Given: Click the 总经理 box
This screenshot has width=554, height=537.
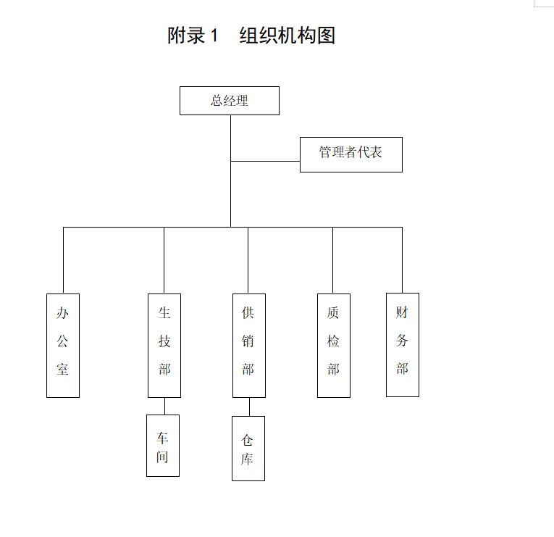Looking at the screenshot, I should point(229,101).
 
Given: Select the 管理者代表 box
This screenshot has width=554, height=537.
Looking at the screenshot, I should point(351,154).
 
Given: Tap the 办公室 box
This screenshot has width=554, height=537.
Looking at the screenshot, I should point(63,345).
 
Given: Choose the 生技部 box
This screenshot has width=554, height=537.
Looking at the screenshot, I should point(164,345).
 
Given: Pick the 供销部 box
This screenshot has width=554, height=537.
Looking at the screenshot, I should point(248,345).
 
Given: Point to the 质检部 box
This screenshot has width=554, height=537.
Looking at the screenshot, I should point(333,345).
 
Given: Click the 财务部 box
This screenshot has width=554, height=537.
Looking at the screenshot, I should point(402,344).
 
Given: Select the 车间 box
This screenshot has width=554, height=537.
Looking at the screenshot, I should point(163,445).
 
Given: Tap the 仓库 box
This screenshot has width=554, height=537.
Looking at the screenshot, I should point(248,448).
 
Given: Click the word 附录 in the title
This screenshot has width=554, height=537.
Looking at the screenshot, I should point(187,36).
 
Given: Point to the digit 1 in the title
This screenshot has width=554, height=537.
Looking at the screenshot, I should point(214,36).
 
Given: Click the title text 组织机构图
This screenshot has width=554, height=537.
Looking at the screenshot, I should point(288,36).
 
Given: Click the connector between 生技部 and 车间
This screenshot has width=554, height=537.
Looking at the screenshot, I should point(164,406).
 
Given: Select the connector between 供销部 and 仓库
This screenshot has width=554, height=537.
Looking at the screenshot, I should point(249,407).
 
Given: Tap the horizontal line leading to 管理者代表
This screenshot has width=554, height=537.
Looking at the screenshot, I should point(265,161).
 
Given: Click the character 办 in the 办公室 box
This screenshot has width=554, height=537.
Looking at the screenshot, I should point(63,313).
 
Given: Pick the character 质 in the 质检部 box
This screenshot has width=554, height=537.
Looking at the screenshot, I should point(333,313).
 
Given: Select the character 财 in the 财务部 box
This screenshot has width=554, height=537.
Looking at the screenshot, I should point(402,312).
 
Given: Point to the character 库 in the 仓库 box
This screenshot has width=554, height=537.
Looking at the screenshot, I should point(248,459).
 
